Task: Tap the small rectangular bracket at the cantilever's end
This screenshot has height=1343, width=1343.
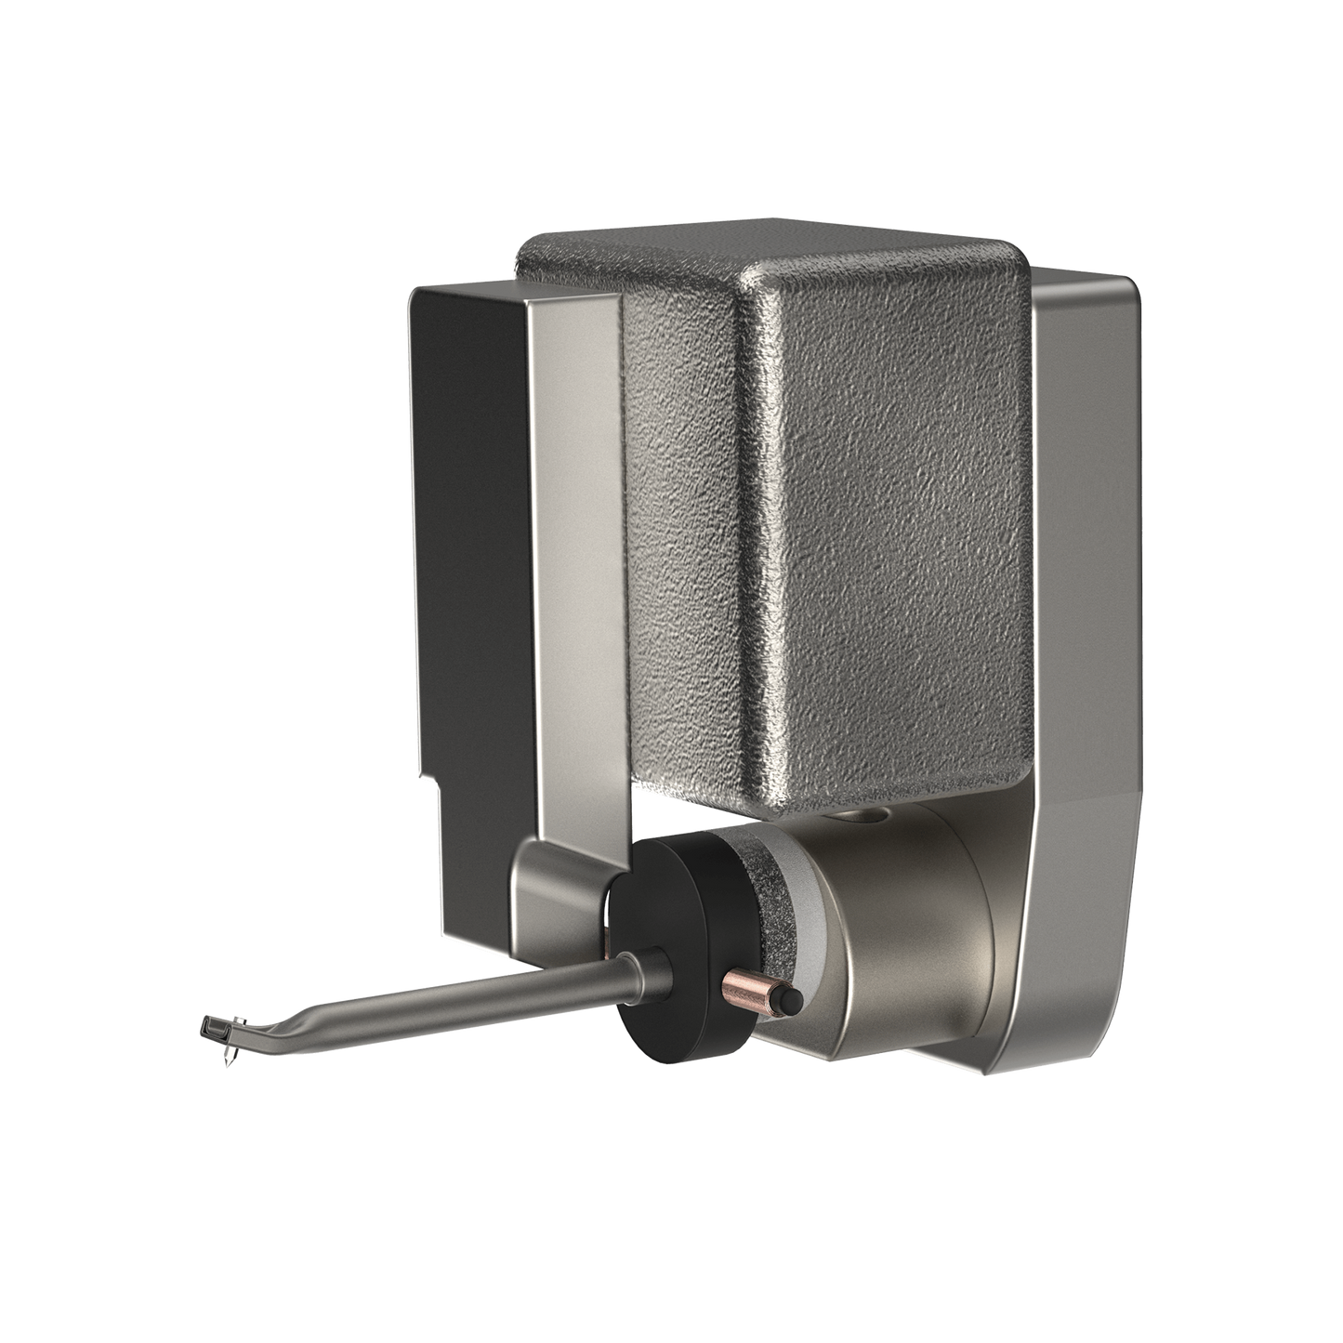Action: (x=211, y=1028)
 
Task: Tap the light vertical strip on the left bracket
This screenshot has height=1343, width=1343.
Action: (x=576, y=558)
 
